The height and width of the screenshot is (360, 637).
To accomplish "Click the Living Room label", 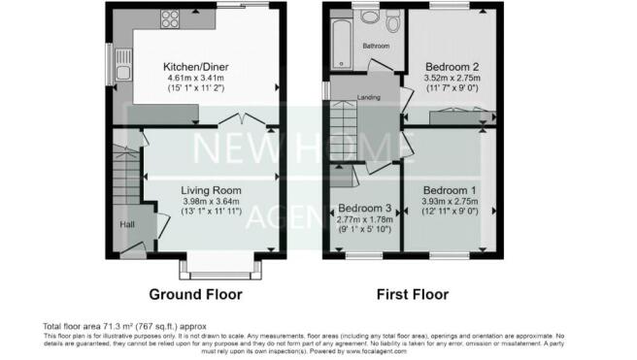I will click(x=211, y=190).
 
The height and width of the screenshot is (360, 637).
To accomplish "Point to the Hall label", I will click(x=126, y=225).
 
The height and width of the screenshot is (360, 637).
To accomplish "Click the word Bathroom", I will click(x=376, y=47).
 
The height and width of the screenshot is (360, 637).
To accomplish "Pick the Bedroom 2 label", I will click(x=453, y=67).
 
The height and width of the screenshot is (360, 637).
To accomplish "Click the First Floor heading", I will click(x=414, y=293).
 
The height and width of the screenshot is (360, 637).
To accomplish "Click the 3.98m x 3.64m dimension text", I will click(x=211, y=202).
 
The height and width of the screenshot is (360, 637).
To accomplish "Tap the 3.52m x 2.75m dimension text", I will click(x=453, y=78).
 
